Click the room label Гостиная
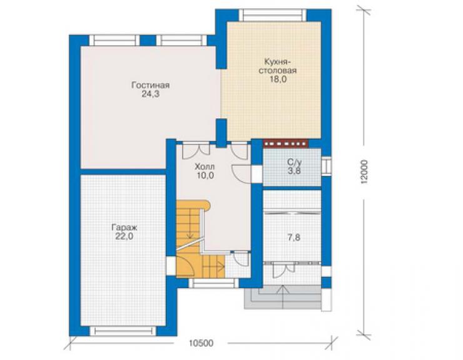[x=151, y=85]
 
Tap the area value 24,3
[x=151, y=95]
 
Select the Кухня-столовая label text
[x=278, y=66]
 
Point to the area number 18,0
[x=278, y=80]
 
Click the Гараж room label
[x=125, y=228]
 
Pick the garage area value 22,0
[x=125, y=237]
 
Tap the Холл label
[x=205, y=167]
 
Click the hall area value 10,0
[x=205, y=175]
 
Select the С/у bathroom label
[x=295, y=162]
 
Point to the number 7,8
[x=294, y=237]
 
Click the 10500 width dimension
[x=201, y=344]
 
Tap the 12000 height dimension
[x=365, y=172]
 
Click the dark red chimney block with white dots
[x=285, y=144]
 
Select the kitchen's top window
[x=273, y=15]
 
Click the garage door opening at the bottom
[x=123, y=331]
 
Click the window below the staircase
[x=214, y=283]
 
